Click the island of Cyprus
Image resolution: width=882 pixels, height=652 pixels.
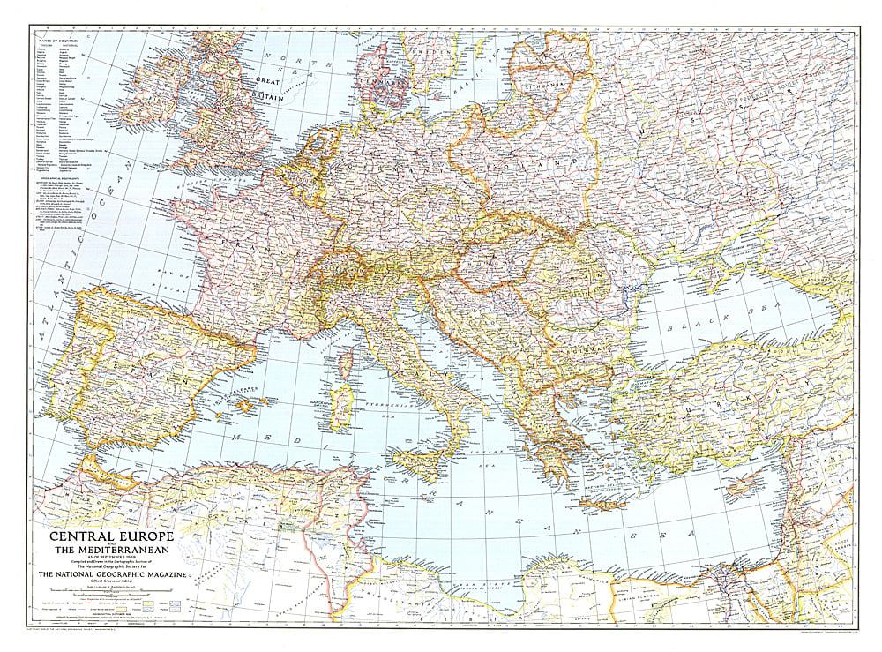pyautogui.click(x=750, y=481)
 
